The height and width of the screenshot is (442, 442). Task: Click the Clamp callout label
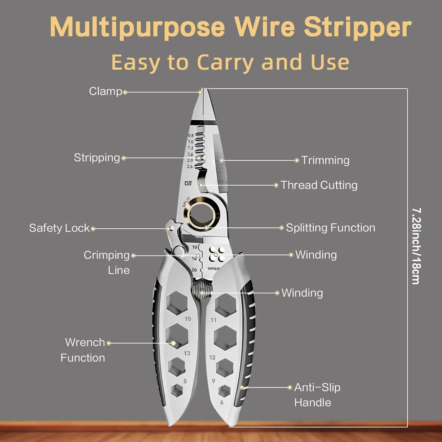(105, 91)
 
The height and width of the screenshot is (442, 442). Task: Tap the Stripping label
(97, 158)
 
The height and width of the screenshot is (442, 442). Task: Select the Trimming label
(325, 160)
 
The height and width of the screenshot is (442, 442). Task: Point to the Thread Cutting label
(319, 185)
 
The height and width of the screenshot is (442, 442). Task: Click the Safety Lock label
(59, 228)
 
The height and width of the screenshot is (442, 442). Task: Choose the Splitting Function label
(330, 228)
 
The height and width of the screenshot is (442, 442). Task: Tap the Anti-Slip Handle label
(317, 395)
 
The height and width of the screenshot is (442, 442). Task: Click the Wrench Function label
(83, 350)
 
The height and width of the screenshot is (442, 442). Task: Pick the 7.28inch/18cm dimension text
(416, 246)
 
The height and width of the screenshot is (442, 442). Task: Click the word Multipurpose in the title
(137, 27)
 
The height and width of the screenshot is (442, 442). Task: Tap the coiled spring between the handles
(202, 288)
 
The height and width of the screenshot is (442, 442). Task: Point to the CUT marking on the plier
(188, 183)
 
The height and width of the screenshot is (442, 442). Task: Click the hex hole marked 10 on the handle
(177, 302)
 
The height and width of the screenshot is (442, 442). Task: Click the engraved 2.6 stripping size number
(190, 167)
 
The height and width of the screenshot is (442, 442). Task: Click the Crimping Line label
(107, 262)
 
